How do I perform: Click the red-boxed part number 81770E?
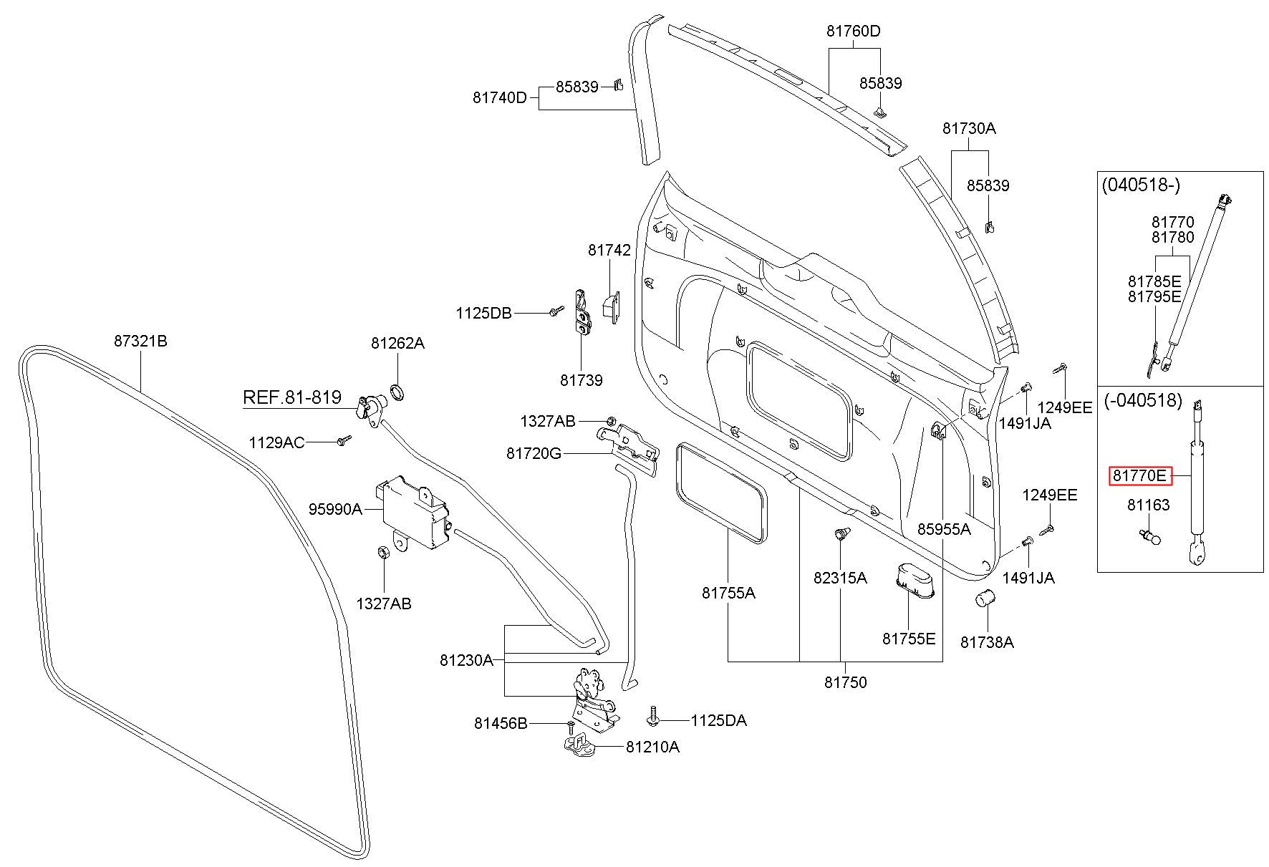pos(1140,475)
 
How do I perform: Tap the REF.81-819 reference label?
pos(291,397)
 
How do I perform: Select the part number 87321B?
pos(140,341)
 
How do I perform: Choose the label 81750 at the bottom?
pos(845,682)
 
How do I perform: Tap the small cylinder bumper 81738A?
pos(986,599)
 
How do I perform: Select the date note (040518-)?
pos(1141,185)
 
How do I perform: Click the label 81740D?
pos(499,97)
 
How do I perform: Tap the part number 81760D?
pos(853,32)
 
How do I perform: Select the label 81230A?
pos(466,660)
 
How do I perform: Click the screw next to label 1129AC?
pos(344,440)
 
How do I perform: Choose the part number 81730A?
pos(969,128)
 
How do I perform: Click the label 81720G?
pos(534,453)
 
